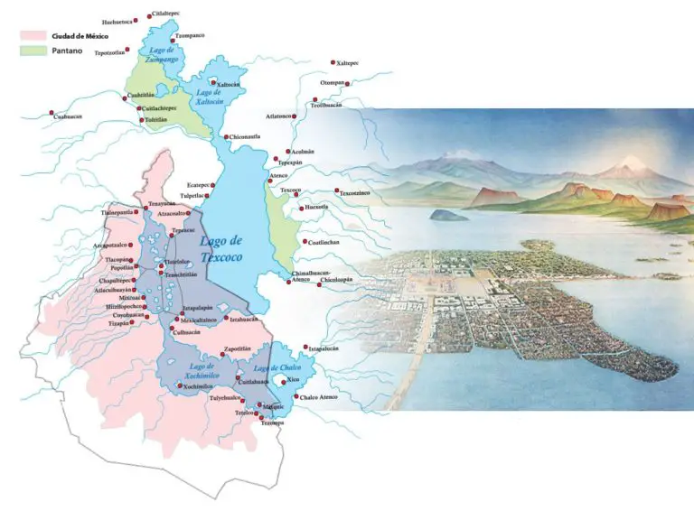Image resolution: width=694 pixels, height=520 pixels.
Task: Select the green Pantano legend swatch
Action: pos(32,52)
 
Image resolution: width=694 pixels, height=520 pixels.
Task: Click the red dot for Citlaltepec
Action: pos(150,16)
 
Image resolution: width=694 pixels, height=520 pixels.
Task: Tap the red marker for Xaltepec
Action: pos(331,63)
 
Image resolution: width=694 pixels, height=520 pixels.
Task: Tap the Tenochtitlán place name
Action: pos(183,274)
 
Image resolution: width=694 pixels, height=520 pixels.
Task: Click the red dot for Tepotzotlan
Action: pos(130,51)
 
